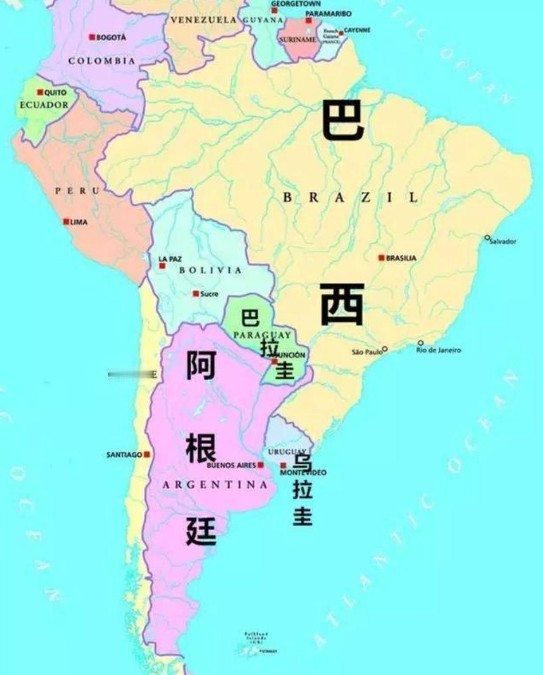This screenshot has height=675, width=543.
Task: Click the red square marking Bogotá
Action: tap(92, 37)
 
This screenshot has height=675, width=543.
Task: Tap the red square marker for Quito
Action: tap(40, 92)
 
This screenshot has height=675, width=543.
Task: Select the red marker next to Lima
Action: tap(66, 222)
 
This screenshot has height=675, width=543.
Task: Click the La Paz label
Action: tap(170, 259)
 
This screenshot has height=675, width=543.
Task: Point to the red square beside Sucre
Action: tap(196, 294)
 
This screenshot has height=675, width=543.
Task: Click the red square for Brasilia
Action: tap(381, 258)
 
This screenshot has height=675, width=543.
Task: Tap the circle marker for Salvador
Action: tap(487, 237)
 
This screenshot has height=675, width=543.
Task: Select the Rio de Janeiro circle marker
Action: tap(420, 343)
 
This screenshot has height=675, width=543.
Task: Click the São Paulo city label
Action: tap(367, 352)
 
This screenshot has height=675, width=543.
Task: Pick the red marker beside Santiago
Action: tap(147, 454)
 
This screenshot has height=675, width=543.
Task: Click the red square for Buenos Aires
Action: tap(261, 465)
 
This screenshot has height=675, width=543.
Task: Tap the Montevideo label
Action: tap(304, 473)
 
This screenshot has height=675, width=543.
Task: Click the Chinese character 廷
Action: tap(202, 531)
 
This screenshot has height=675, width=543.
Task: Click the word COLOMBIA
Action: tap(102, 61)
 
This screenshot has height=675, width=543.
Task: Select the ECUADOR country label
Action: tap(44, 105)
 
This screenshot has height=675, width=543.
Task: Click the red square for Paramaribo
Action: tap(309, 21)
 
